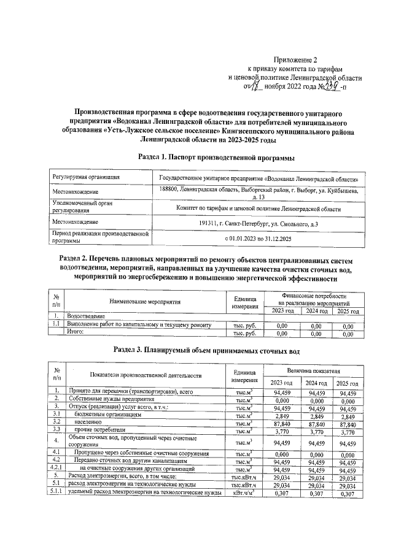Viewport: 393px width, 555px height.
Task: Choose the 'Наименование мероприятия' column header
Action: [x=145, y=302]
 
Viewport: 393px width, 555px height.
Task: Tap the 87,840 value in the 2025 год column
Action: [x=347, y=423]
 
